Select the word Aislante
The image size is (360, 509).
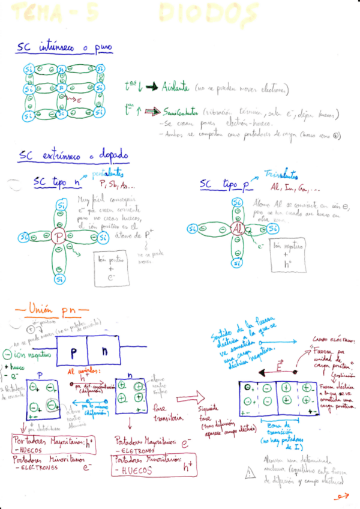[176, 88]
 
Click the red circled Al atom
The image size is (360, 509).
[238, 229]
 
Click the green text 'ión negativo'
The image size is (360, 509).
[31, 355]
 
